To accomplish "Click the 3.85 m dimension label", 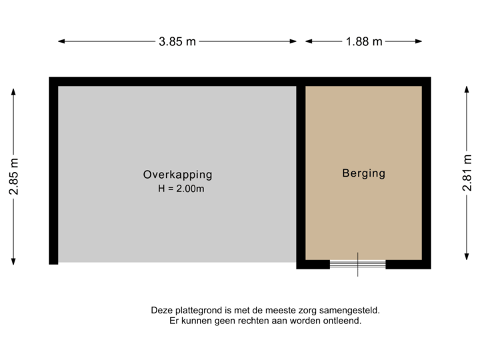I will pos(177,41).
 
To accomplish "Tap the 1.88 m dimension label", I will pos(364,41).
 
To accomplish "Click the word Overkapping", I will pos(177,175).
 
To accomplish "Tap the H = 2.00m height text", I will pos(180,189).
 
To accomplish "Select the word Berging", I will pos(363,173).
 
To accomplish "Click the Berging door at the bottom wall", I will pos(357,265).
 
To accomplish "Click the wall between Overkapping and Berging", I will pos(301,173).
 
